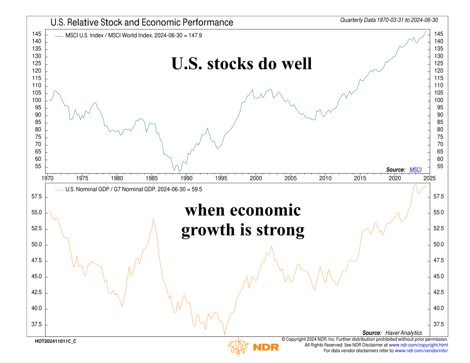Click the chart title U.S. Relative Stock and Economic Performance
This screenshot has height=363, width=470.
pyautogui.click(x=142, y=22)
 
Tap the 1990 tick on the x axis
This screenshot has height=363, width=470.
pyautogui.click(x=187, y=178)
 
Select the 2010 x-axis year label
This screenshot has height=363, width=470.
pyautogui.click(x=325, y=178)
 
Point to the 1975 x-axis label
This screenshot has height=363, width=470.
pyautogui.click(x=82, y=178)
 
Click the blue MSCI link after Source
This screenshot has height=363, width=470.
pyautogui.click(x=415, y=170)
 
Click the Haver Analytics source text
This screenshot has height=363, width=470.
pyautogui.click(x=404, y=333)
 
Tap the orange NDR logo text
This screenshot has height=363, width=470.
pyautogui.click(x=266, y=347)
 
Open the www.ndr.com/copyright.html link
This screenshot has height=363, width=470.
pyautogui.click(x=418, y=345)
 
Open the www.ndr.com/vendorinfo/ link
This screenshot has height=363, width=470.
pyautogui.click(x=421, y=351)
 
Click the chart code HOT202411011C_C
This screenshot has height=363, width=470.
pyautogui.click(x=55, y=341)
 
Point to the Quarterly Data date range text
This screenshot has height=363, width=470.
pyautogui.click(x=389, y=20)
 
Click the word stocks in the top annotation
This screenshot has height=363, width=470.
pyautogui.click(x=230, y=63)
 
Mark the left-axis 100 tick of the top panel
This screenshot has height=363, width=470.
pyautogui.click(x=37, y=100)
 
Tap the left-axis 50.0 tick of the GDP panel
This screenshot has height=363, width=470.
pyautogui.click(x=37, y=244)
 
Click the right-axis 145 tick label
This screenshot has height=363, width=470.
pyautogui.click(x=438, y=34)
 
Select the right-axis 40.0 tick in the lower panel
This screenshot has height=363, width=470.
pyautogui.click(x=438, y=308)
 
